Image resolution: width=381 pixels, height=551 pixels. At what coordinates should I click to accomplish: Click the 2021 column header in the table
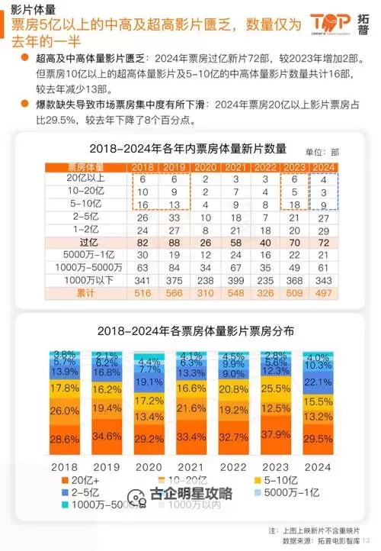[x=237, y=166]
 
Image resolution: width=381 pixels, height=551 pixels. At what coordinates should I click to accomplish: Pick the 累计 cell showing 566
[x=174, y=292]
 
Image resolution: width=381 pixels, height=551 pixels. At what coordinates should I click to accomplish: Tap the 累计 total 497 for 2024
[x=324, y=292]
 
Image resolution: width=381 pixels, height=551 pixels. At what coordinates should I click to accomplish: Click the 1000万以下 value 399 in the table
[x=237, y=279]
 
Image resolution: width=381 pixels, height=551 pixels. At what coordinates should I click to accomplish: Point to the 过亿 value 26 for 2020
[x=207, y=241]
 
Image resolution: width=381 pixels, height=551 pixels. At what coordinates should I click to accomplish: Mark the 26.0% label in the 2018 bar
[x=64, y=411]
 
